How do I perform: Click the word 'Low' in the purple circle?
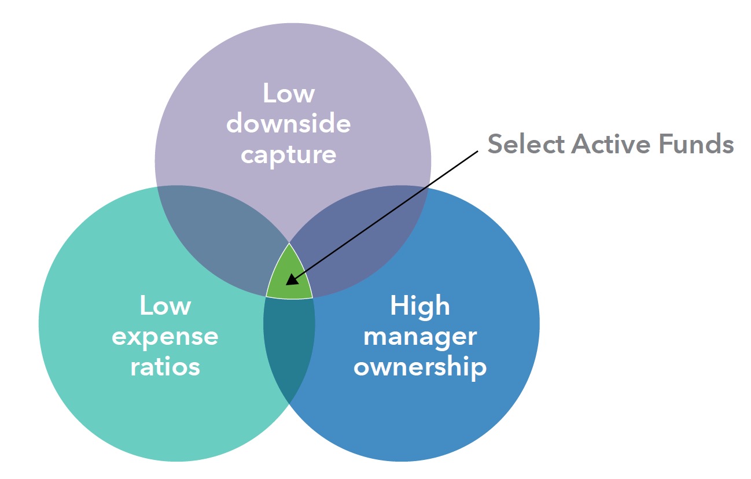[x=288, y=94]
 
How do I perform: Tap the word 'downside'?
[x=288, y=124]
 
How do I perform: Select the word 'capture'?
[x=288, y=155]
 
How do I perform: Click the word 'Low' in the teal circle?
[x=165, y=305]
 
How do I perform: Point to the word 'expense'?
[x=165, y=337]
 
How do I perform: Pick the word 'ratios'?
[x=165, y=367]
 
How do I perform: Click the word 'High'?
[x=419, y=305]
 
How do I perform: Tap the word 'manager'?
[x=419, y=337]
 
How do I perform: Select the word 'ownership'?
[x=419, y=367]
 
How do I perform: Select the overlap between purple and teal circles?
[x=217, y=237]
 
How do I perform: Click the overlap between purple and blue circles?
[x=362, y=237]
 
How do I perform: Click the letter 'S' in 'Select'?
[x=495, y=143]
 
